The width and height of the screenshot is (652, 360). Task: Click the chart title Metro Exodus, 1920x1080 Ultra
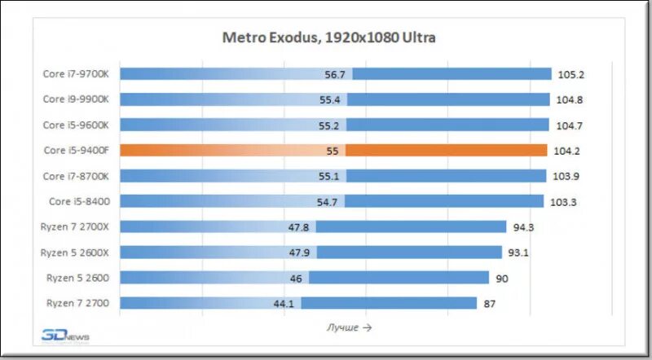(x=329, y=37)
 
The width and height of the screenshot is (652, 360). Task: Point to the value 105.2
(x=571, y=74)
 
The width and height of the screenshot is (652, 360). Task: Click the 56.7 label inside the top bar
(x=335, y=74)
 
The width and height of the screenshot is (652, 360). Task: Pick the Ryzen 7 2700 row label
(x=83, y=303)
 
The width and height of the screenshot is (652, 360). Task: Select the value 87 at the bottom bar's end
(x=491, y=304)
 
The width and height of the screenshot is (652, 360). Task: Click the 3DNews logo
(x=65, y=336)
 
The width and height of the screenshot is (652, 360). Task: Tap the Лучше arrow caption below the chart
(x=349, y=327)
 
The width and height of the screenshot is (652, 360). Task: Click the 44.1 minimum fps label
(x=284, y=304)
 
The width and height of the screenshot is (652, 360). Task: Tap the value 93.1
(x=518, y=252)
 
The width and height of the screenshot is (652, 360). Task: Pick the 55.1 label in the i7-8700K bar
(x=329, y=176)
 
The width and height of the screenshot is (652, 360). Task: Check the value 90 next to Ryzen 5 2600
(x=503, y=279)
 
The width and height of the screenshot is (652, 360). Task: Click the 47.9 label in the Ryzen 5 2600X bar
(x=296, y=252)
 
